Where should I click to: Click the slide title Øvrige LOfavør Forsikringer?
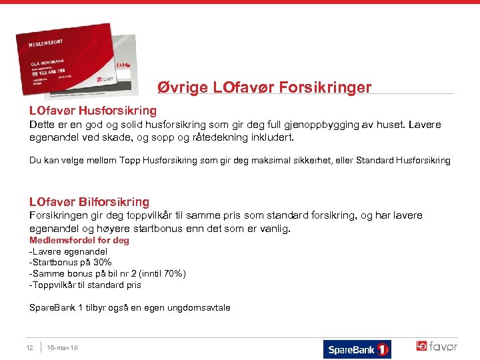(x=264, y=87)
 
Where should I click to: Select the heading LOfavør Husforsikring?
(x=93, y=110)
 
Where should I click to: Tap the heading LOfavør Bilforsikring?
(x=89, y=201)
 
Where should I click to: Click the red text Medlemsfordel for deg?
(x=79, y=240)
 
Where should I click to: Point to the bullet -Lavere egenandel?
(x=68, y=251)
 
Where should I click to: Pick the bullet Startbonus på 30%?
(x=71, y=263)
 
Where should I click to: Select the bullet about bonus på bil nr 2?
(x=107, y=274)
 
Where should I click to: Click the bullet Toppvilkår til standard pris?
(x=85, y=285)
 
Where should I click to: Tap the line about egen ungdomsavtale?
(x=130, y=307)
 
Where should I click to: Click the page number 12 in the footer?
(x=29, y=347)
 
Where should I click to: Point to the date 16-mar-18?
(x=63, y=347)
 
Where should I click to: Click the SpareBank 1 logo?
(x=357, y=349)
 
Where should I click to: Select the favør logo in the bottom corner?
(x=437, y=347)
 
